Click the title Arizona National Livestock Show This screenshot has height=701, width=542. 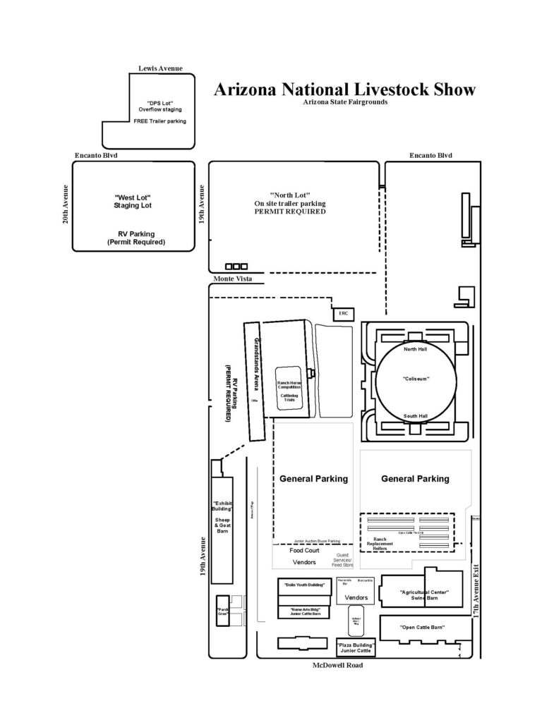(x=344, y=90)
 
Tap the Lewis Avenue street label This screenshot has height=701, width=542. (x=160, y=68)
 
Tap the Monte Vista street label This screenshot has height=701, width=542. (x=230, y=279)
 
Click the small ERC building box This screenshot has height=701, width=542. (x=344, y=313)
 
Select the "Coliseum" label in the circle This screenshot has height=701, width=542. (x=416, y=379)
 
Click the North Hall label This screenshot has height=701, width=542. (x=416, y=349)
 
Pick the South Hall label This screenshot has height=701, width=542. (x=416, y=416)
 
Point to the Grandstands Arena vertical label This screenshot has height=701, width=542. (x=256, y=360)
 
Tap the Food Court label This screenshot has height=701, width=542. (x=304, y=550)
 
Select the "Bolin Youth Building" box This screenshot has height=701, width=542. (x=304, y=585)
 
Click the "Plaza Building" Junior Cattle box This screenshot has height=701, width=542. (x=356, y=647)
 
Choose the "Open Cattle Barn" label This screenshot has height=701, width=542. (x=421, y=627)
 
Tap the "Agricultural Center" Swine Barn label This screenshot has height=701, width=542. (x=423, y=595)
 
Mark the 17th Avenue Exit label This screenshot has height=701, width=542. (x=477, y=585)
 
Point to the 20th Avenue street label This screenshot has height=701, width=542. (x=66, y=205)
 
